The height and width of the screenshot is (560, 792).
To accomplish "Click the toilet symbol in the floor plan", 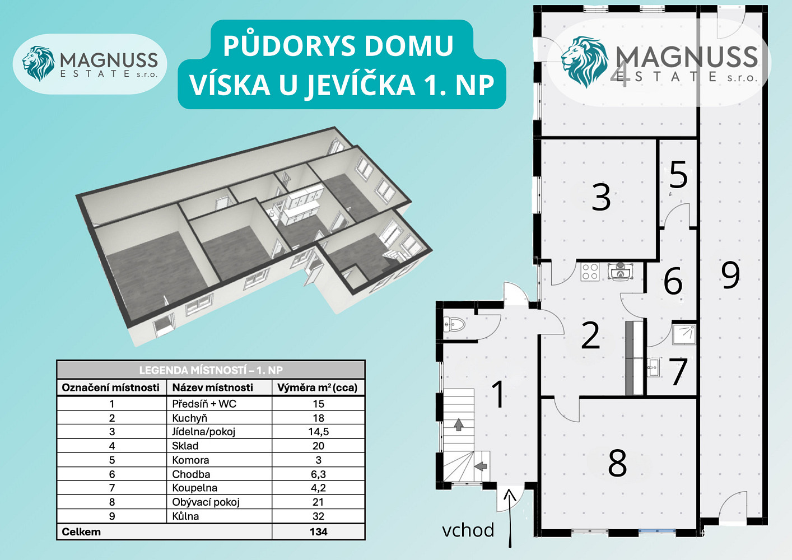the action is pos(454,324).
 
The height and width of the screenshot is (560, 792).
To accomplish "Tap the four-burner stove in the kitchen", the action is pos(590,272).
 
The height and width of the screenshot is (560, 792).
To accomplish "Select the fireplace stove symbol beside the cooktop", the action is pos(620,272).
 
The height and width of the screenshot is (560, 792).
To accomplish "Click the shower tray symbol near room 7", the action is pos(684,334).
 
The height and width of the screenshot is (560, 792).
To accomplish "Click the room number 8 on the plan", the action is pos(617,463).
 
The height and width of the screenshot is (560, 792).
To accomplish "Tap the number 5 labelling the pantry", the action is pos(678,175).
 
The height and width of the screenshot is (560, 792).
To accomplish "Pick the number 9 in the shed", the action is pos(730,274).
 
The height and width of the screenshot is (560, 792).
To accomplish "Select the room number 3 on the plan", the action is pos(601,197).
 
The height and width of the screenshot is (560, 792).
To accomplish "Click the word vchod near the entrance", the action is pos(468,530).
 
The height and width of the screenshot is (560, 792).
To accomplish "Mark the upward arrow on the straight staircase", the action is pos(459,424).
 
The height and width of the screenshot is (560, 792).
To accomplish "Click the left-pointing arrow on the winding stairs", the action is pos(481,466).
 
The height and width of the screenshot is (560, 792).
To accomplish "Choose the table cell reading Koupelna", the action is pos(194,488).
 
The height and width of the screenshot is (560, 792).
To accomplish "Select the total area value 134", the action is pos(318,531).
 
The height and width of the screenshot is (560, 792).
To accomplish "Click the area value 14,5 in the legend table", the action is pos(318,432).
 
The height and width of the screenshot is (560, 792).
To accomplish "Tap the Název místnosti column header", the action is pos(212,388).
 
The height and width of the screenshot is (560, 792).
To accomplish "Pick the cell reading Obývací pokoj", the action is pos(206,502).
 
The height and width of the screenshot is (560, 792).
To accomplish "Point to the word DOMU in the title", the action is pos(409,46).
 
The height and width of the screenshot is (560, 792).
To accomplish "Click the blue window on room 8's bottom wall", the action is pos(657,531).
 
